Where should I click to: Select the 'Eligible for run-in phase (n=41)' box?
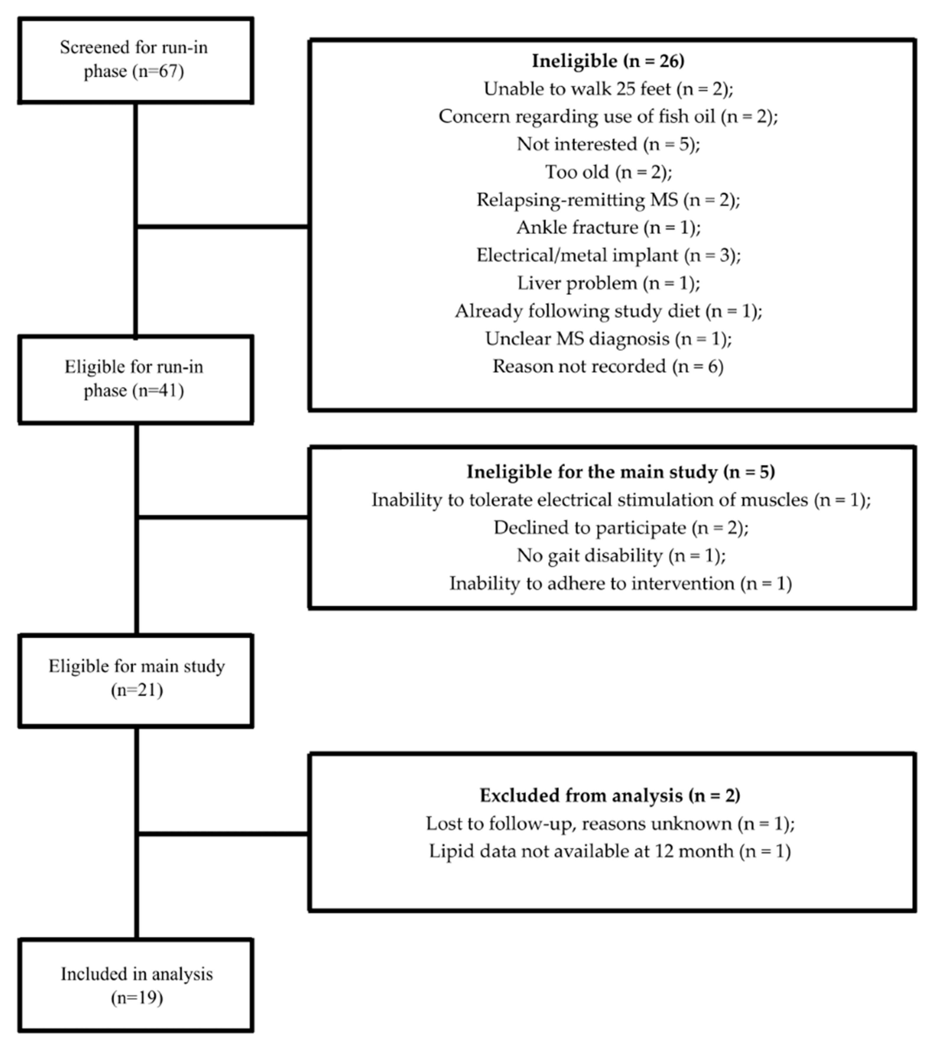pyautogui.click(x=135, y=379)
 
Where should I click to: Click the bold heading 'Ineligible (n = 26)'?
pyautogui.click(x=608, y=61)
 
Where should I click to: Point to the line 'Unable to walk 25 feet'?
pyautogui.click(x=608, y=89)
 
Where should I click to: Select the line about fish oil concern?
pyautogui.click(x=608, y=116)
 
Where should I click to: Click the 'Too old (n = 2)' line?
pyautogui.click(x=608, y=172)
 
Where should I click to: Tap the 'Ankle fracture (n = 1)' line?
pyautogui.click(x=608, y=228)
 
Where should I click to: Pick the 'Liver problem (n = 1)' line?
pyautogui.click(x=608, y=283)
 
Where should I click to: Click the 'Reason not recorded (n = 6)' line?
pyautogui.click(x=608, y=366)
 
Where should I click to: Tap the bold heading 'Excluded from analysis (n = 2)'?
pyautogui.click(x=610, y=795)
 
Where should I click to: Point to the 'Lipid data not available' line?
pyautogui.click(x=610, y=851)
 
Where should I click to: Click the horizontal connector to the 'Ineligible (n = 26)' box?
pyautogui.click(x=223, y=226)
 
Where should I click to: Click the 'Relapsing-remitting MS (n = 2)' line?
pyautogui.click(x=608, y=199)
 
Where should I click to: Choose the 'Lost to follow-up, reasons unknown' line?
pyautogui.click(x=610, y=823)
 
